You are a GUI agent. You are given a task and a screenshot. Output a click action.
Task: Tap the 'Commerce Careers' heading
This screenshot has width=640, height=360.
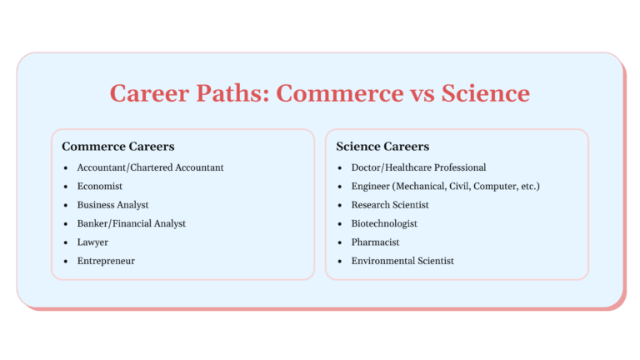(x=117, y=147)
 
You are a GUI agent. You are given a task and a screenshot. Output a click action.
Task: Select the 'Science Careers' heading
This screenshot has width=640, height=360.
(x=382, y=147)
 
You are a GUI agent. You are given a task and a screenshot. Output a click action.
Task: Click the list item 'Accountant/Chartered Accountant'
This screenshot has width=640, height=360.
(x=150, y=167)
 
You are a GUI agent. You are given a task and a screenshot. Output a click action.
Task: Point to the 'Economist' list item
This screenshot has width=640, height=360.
(x=100, y=187)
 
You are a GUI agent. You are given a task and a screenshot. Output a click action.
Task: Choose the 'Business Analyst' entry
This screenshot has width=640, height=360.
(x=112, y=205)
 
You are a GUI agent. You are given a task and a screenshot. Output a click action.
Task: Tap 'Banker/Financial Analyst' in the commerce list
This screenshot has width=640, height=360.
(x=131, y=223)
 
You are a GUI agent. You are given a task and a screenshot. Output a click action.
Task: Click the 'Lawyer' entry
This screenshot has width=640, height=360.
(x=92, y=242)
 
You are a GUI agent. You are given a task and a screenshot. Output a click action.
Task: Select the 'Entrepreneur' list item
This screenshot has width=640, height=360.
(x=106, y=261)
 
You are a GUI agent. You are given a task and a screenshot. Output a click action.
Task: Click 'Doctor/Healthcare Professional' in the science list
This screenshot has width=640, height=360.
(x=418, y=167)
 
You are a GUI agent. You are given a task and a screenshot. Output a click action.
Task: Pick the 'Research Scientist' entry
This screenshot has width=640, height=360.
(x=390, y=205)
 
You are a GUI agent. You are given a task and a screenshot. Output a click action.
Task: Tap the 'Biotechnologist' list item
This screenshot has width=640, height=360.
(x=384, y=223)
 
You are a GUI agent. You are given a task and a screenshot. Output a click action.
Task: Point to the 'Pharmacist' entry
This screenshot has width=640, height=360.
(x=375, y=242)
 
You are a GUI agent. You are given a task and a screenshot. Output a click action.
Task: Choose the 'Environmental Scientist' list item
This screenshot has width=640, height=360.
(x=402, y=261)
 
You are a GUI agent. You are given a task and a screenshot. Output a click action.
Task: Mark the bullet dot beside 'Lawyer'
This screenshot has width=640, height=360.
(x=66, y=242)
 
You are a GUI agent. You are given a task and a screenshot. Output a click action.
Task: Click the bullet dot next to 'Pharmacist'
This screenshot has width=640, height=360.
(x=340, y=242)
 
